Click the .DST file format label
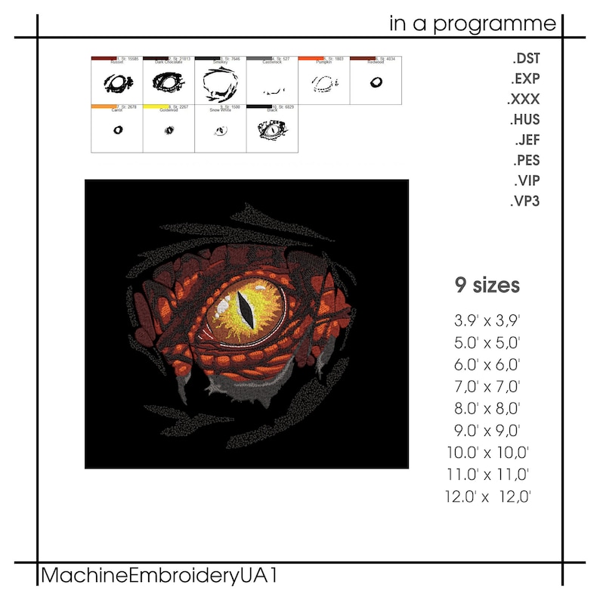tap(526, 58)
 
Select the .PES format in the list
tap(526, 160)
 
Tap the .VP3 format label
tap(525, 201)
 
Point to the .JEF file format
tap(527, 140)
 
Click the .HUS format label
tap(525, 119)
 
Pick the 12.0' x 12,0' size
tap(489, 496)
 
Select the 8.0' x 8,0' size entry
tap(487, 410)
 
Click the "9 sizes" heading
tap(487, 286)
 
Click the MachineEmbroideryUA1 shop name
tap(159, 576)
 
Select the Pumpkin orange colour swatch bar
tap(311, 57)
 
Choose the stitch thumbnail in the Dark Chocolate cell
tap(169, 82)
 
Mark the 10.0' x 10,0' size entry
tap(488, 453)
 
